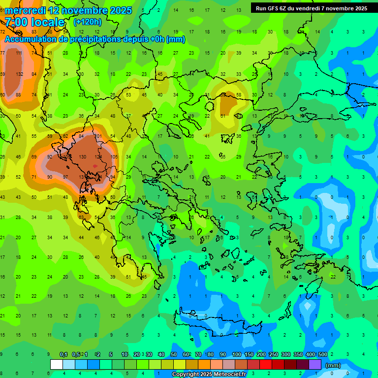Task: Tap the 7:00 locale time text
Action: coord(35,22)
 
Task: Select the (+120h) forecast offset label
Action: coord(87,22)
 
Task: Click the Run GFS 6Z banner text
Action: coord(311,8)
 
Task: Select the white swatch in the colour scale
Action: coord(57,365)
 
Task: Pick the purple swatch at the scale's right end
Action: coord(315,365)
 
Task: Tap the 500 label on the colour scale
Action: coord(322,355)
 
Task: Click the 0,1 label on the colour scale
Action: coord(63,355)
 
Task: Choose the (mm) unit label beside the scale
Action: coord(333,365)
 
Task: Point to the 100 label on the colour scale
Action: coord(237,355)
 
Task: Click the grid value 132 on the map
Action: coord(20,74)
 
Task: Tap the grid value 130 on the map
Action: coord(83,157)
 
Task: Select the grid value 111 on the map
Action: coord(19,53)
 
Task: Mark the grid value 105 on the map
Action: coord(114,157)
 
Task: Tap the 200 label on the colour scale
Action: coord(261,355)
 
